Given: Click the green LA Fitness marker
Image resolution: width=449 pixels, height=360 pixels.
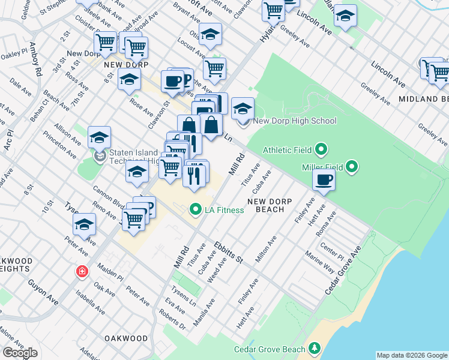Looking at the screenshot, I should click(x=194, y=209).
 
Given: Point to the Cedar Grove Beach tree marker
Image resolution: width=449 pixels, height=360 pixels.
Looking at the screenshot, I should click(x=314, y=349).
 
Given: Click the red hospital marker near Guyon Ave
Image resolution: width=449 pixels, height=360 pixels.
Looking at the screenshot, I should click(x=81, y=272).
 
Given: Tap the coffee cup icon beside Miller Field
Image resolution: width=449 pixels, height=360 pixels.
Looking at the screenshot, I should click(x=324, y=180).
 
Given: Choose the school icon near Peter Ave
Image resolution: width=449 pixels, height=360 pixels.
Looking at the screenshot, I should click(x=85, y=225).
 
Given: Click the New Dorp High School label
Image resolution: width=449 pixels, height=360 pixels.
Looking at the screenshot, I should click(x=294, y=121).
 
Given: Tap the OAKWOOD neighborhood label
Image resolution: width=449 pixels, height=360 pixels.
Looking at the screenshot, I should click(x=126, y=338).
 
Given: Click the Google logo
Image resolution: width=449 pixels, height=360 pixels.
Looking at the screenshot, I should click(x=20, y=353).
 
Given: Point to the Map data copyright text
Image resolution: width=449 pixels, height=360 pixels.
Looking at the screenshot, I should click(x=412, y=355).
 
